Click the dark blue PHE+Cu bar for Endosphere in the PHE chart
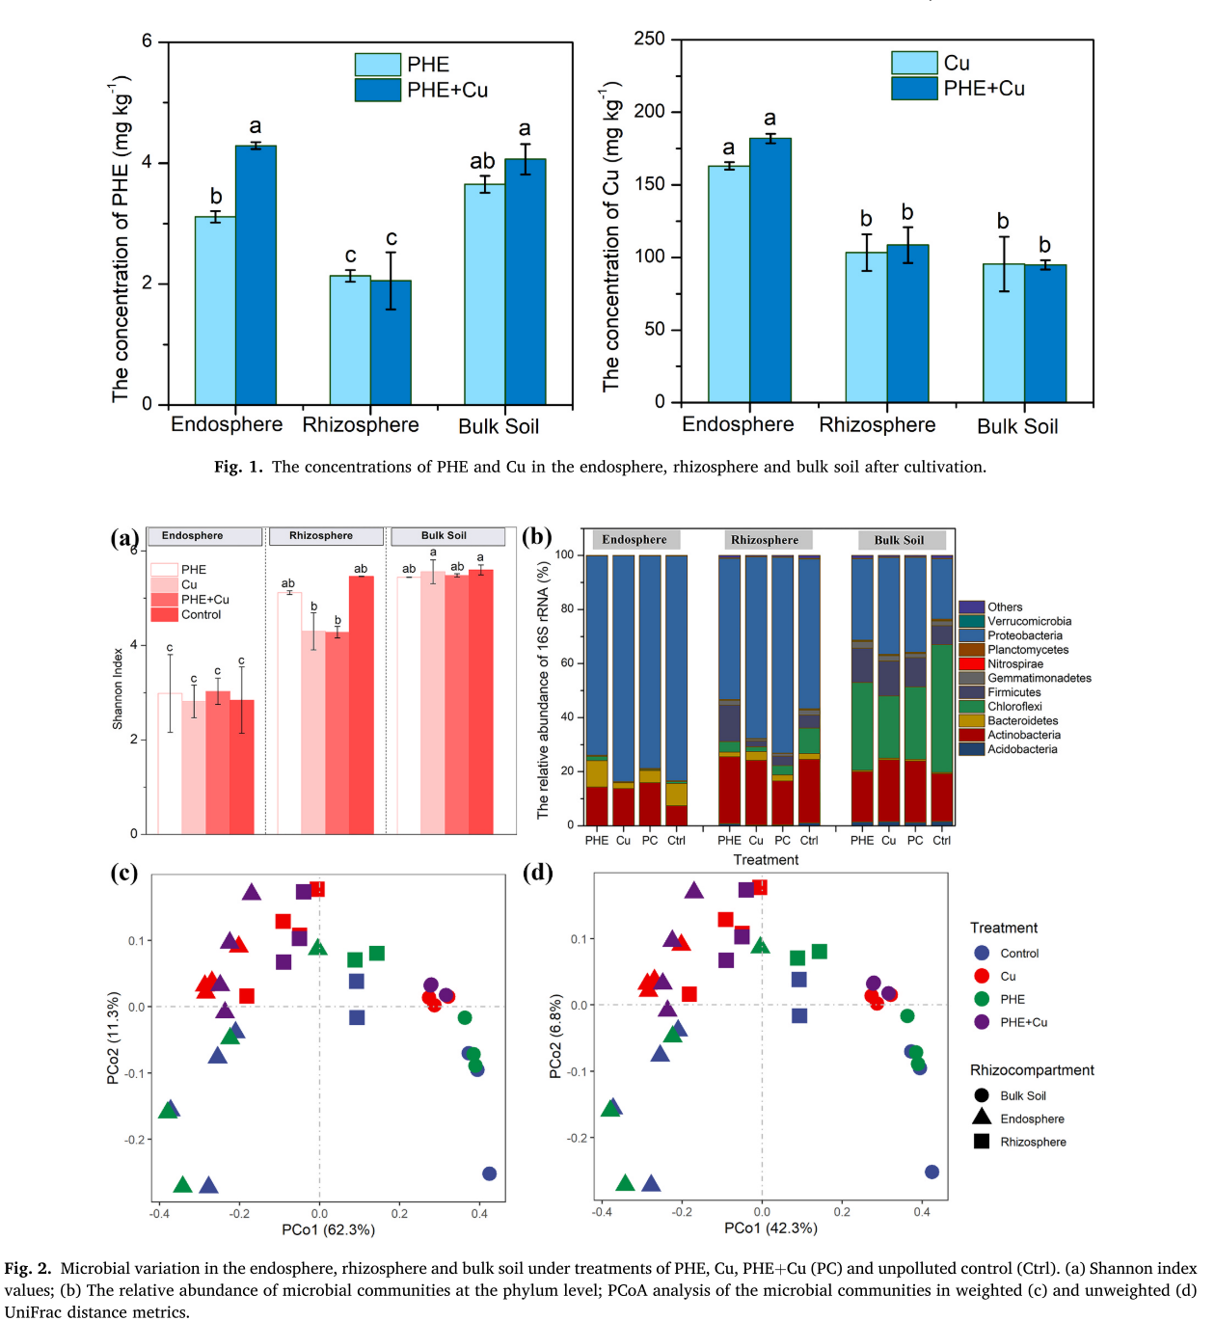pyautogui.click(x=256, y=275)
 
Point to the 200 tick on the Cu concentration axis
pyautogui.click(x=649, y=112)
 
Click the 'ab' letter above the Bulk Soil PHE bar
pyautogui.click(x=482, y=161)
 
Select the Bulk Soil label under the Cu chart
pyautogui.click(x=1017, y=426)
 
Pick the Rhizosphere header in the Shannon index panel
pyautogui.click(x=321, y=536)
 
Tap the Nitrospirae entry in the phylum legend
pyautogui.click(x=1014, y=664)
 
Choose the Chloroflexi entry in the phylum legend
pyautogui.click(x=1014, y=707)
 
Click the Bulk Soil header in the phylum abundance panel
pyautogui.click(x=899, y=540)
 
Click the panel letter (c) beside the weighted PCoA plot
pyautogui.click(x=123, y=873)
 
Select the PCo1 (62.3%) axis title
pyautogui.click(x=328, y=1229)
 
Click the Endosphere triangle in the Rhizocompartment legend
pyautogui.click(x=982, y=1118)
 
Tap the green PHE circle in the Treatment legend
pyautogui.click(x=982, y=999)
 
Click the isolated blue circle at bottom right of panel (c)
pyautogui.click(x=489, y=1173)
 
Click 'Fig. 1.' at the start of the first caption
pyautogui.click(x=238, y=467)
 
